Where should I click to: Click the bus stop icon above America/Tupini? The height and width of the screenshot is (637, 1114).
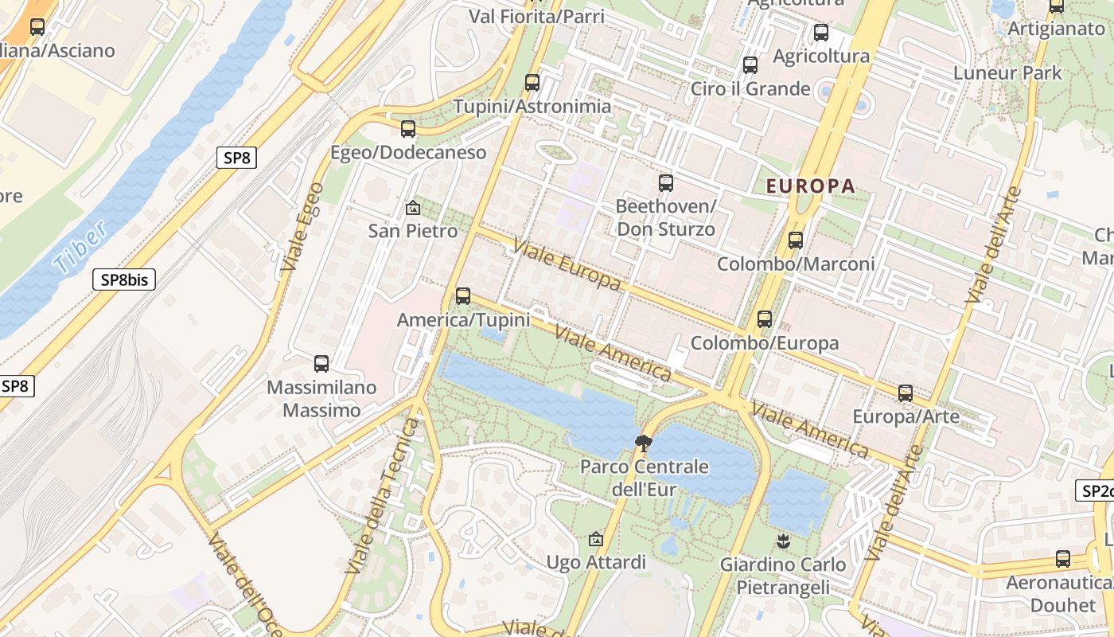tap(463, 296)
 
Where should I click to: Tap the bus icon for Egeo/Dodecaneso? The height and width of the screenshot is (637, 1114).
tap(408, 128)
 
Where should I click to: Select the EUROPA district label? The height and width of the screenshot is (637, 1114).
tap(810, 186)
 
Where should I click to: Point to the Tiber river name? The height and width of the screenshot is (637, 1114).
tap(82, 248)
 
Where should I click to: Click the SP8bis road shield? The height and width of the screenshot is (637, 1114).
tap(124, 279)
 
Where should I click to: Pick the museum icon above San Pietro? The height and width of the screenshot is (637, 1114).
tap(412, 208)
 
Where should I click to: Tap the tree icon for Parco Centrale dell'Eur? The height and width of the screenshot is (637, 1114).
tap(643, 443)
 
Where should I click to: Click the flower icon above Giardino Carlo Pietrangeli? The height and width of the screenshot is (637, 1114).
tap(783, 541)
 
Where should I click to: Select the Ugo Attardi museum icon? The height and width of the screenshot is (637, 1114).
tap(595, 539)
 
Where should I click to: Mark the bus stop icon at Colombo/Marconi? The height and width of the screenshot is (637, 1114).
tap(795, 240)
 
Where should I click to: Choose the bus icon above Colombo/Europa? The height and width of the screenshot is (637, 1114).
tap(765, 319)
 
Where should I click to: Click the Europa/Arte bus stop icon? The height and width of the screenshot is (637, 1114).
tap(906, 393)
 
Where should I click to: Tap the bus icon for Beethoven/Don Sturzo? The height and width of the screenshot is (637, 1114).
tap(666, 183)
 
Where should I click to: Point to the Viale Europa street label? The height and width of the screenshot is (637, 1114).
tap(567, 264)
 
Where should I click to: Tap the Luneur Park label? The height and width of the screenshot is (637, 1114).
tap(1007, 73)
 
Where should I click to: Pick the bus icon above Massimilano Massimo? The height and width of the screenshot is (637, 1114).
tap(321, 364)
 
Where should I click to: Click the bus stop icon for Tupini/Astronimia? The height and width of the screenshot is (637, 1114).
tap(532, 82)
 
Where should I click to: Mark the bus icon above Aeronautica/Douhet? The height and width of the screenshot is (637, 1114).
tap(1063, 559)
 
